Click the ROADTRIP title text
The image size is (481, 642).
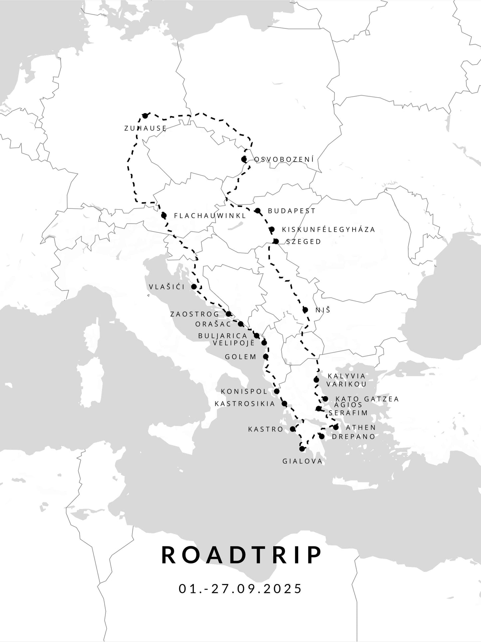(241, 555)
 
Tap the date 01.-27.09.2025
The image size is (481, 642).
(240, 588)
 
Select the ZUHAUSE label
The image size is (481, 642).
(145, 128)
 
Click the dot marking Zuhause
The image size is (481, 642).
(145, 116)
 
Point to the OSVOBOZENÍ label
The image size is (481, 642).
(284, 160)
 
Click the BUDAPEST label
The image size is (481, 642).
(292, 211)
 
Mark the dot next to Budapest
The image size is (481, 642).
(258, 211)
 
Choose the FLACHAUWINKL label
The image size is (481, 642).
(210, 216)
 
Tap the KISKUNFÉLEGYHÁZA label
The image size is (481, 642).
(329, 229)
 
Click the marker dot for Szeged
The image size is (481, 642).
(276, 241)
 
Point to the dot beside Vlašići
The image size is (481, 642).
(194, 287)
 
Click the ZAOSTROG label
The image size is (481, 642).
(195, 314)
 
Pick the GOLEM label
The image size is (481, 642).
(241, 357)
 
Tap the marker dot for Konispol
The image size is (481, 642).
(277, 391)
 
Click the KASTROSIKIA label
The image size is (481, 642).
(245, 404)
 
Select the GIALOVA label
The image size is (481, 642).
(303, 461)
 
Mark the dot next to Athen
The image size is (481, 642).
(336, 427)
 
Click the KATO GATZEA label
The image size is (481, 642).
(367, 399)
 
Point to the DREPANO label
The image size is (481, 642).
(354, 437)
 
